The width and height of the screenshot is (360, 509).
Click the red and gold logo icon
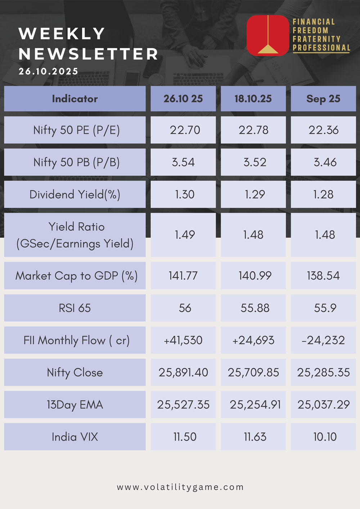[267, 35]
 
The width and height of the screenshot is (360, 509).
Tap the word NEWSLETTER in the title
[89, 54]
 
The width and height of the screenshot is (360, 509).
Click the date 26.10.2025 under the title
[49, 71]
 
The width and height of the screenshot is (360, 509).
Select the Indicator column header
[75, 99]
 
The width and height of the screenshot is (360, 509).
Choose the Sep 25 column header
[323, 99]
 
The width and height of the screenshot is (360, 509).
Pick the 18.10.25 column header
[253, 99]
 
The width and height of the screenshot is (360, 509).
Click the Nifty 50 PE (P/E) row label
[76, 130]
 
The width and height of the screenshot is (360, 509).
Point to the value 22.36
[323, 130]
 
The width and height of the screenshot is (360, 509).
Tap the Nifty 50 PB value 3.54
[183, 162]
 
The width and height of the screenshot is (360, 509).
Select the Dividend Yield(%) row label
[75, 195]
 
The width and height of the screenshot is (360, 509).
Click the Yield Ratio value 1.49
[185, 235]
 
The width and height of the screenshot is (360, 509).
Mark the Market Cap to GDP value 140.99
[255, 276]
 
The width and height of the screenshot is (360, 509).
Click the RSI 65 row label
[75, 308]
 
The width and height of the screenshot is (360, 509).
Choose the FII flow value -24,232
[323, 340]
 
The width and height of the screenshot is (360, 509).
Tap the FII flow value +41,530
[183, 340]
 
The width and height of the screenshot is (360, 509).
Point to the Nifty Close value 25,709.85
[253, 372]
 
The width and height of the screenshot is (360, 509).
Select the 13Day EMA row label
[75, 405]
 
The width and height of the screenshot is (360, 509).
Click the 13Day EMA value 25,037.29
[323, 405]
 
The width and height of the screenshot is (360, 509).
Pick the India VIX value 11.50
[185, 437]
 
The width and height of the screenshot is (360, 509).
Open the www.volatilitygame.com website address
[180, 487]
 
